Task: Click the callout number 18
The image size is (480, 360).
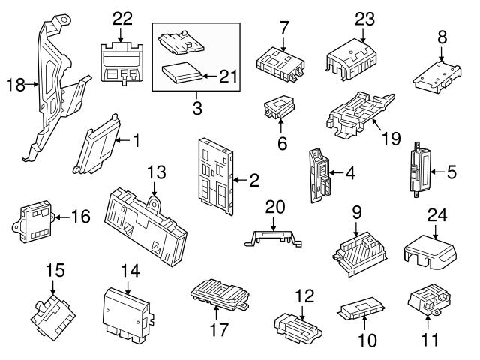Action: click(x=15, y=85)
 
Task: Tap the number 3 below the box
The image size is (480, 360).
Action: click(x=196, y=108)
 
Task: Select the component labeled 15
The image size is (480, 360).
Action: click(x=51, y=313)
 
